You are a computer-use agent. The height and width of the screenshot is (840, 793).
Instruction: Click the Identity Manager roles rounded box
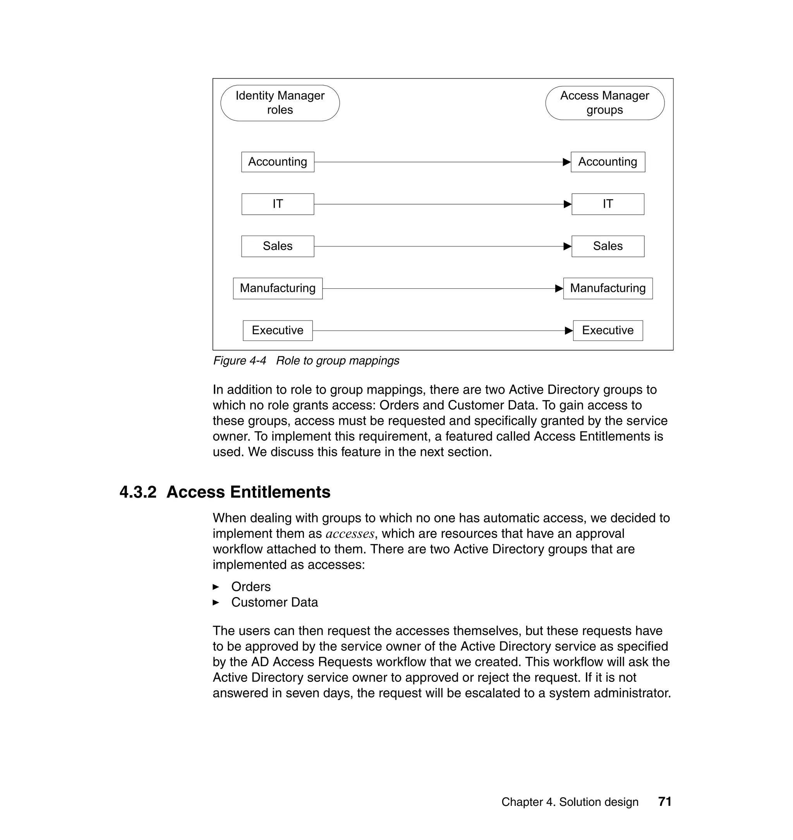point(280,103)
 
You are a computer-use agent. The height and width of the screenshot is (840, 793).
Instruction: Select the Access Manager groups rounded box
point(604,103)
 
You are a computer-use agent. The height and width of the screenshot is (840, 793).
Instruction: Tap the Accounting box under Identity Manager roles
point(278,162)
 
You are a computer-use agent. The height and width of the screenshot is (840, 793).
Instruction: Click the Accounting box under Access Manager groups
point(608,162)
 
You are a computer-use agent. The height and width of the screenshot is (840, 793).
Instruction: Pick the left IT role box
point(278,204)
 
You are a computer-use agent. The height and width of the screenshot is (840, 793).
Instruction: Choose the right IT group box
point(608,204)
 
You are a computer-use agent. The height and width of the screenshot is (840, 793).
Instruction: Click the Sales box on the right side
point(608,246)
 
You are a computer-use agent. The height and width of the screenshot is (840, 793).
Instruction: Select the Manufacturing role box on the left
point(278,288)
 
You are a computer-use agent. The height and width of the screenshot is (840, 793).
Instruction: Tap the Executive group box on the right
point(608,330)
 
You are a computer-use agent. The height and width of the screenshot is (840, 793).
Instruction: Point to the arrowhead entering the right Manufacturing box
point(559,288)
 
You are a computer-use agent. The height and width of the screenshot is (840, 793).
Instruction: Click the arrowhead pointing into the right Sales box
point(567,246)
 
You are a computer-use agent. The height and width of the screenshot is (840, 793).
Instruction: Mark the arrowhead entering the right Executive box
point(568,330)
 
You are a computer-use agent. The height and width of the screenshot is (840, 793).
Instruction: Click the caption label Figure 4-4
point(240,361)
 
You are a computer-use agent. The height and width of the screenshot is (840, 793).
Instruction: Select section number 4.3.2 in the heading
point(138,492)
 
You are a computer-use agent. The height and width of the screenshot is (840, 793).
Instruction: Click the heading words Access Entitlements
point(248,492)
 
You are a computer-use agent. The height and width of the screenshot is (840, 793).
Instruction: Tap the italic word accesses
point(350,534)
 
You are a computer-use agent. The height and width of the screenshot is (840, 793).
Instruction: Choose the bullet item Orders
point(251,587)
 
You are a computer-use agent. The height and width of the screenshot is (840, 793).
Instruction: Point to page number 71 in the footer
point(664,802)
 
